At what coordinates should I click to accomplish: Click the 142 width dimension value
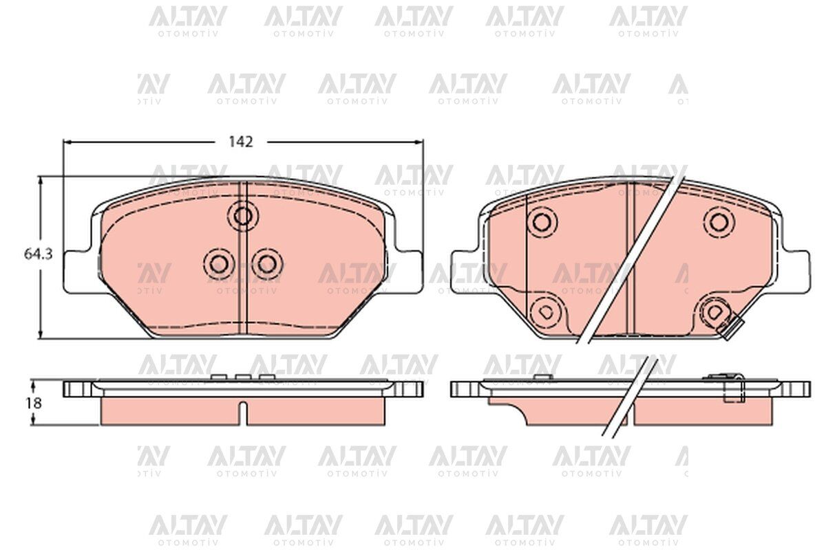pyautogui.click(x=241, y=142)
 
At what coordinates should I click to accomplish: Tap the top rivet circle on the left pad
pyautogui.click(x=242, y=216)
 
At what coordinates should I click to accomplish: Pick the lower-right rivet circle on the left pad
pyautogui.click(x=266, y=263)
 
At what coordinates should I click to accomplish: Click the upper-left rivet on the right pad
pyautogui.click(x=542, y=221)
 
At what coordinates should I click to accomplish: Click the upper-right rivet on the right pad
pyautogui.click(x=719, y=221)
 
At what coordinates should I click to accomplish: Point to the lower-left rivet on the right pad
pyautogui.click(x=544, y=311)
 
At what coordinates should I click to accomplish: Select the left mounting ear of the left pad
pyautogui.click(x=77, y=271)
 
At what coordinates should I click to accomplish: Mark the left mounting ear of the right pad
pyautogui.click(x=463, y=271)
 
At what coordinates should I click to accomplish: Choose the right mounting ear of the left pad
pyautogui.click(x=409, y=271)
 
